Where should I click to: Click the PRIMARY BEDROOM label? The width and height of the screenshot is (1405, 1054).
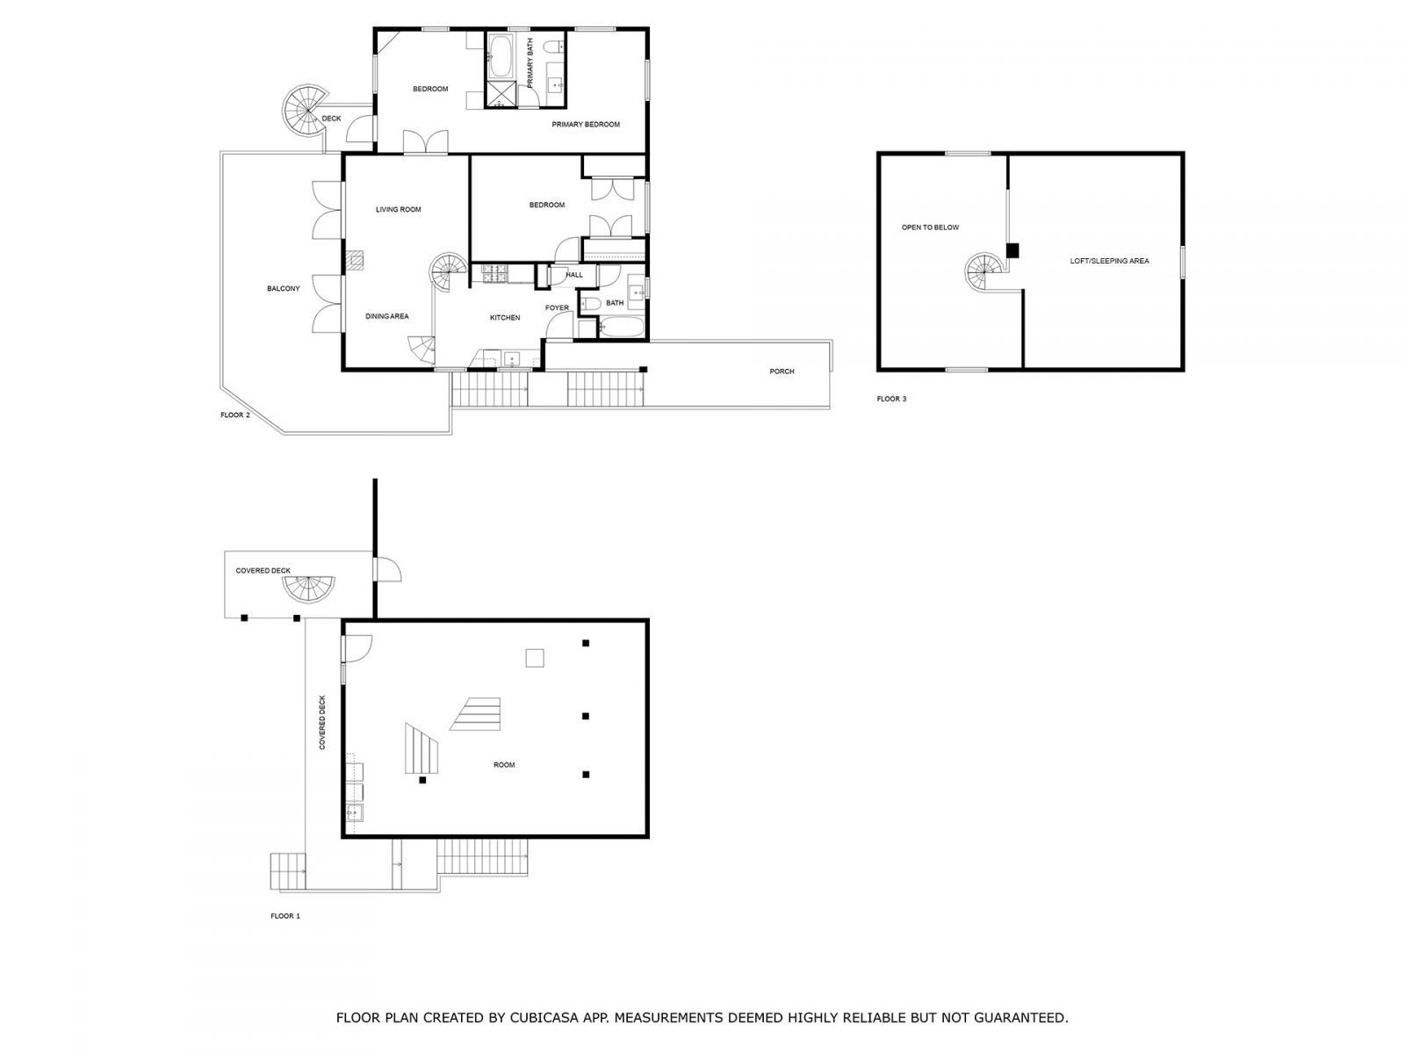586,124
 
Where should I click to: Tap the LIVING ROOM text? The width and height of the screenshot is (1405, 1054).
399,209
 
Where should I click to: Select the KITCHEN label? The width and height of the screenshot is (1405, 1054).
505,317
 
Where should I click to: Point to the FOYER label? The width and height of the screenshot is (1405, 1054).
557,307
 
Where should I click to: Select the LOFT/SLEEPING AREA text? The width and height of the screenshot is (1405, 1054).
1109,261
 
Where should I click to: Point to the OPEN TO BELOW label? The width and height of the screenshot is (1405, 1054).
930,227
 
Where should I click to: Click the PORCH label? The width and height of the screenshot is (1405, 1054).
782,372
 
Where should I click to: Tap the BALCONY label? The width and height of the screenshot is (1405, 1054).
284,288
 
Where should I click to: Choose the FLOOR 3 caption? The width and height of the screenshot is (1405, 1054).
891,399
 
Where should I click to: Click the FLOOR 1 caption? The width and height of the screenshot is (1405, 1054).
285,915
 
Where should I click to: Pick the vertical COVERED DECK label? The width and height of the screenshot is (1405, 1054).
322,722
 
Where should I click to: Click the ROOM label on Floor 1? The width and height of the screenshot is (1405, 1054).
504,765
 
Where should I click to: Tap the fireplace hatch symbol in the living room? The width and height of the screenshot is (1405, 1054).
355,259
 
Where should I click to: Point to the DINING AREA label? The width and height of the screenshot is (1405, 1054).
387,316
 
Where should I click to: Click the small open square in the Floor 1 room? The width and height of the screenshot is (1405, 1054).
534,658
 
